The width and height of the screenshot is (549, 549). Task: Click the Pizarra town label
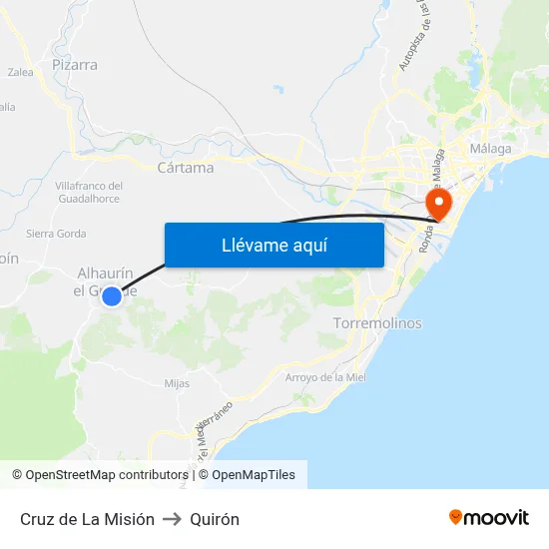(75, 65)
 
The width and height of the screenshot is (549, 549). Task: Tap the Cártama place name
(186, 168)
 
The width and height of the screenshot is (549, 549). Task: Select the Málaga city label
(490, 149)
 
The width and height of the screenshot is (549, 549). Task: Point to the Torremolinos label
(376, 323)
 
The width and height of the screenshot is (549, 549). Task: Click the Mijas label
(177, 382)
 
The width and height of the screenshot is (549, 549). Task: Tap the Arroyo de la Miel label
(325, 377)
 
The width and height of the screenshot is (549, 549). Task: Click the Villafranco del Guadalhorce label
(88, 193)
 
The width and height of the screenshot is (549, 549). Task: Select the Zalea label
(20, 72)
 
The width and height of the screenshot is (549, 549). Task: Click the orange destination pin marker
(438, 203)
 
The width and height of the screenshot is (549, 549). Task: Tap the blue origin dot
(112, 296)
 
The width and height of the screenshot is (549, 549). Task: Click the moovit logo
(489, 518)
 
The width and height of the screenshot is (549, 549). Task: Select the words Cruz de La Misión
(87, 519)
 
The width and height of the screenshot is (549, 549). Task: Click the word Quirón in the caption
(215, 519)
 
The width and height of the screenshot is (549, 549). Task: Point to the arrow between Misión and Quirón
(172, 519)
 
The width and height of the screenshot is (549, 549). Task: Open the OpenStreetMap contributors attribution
(99, 475)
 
